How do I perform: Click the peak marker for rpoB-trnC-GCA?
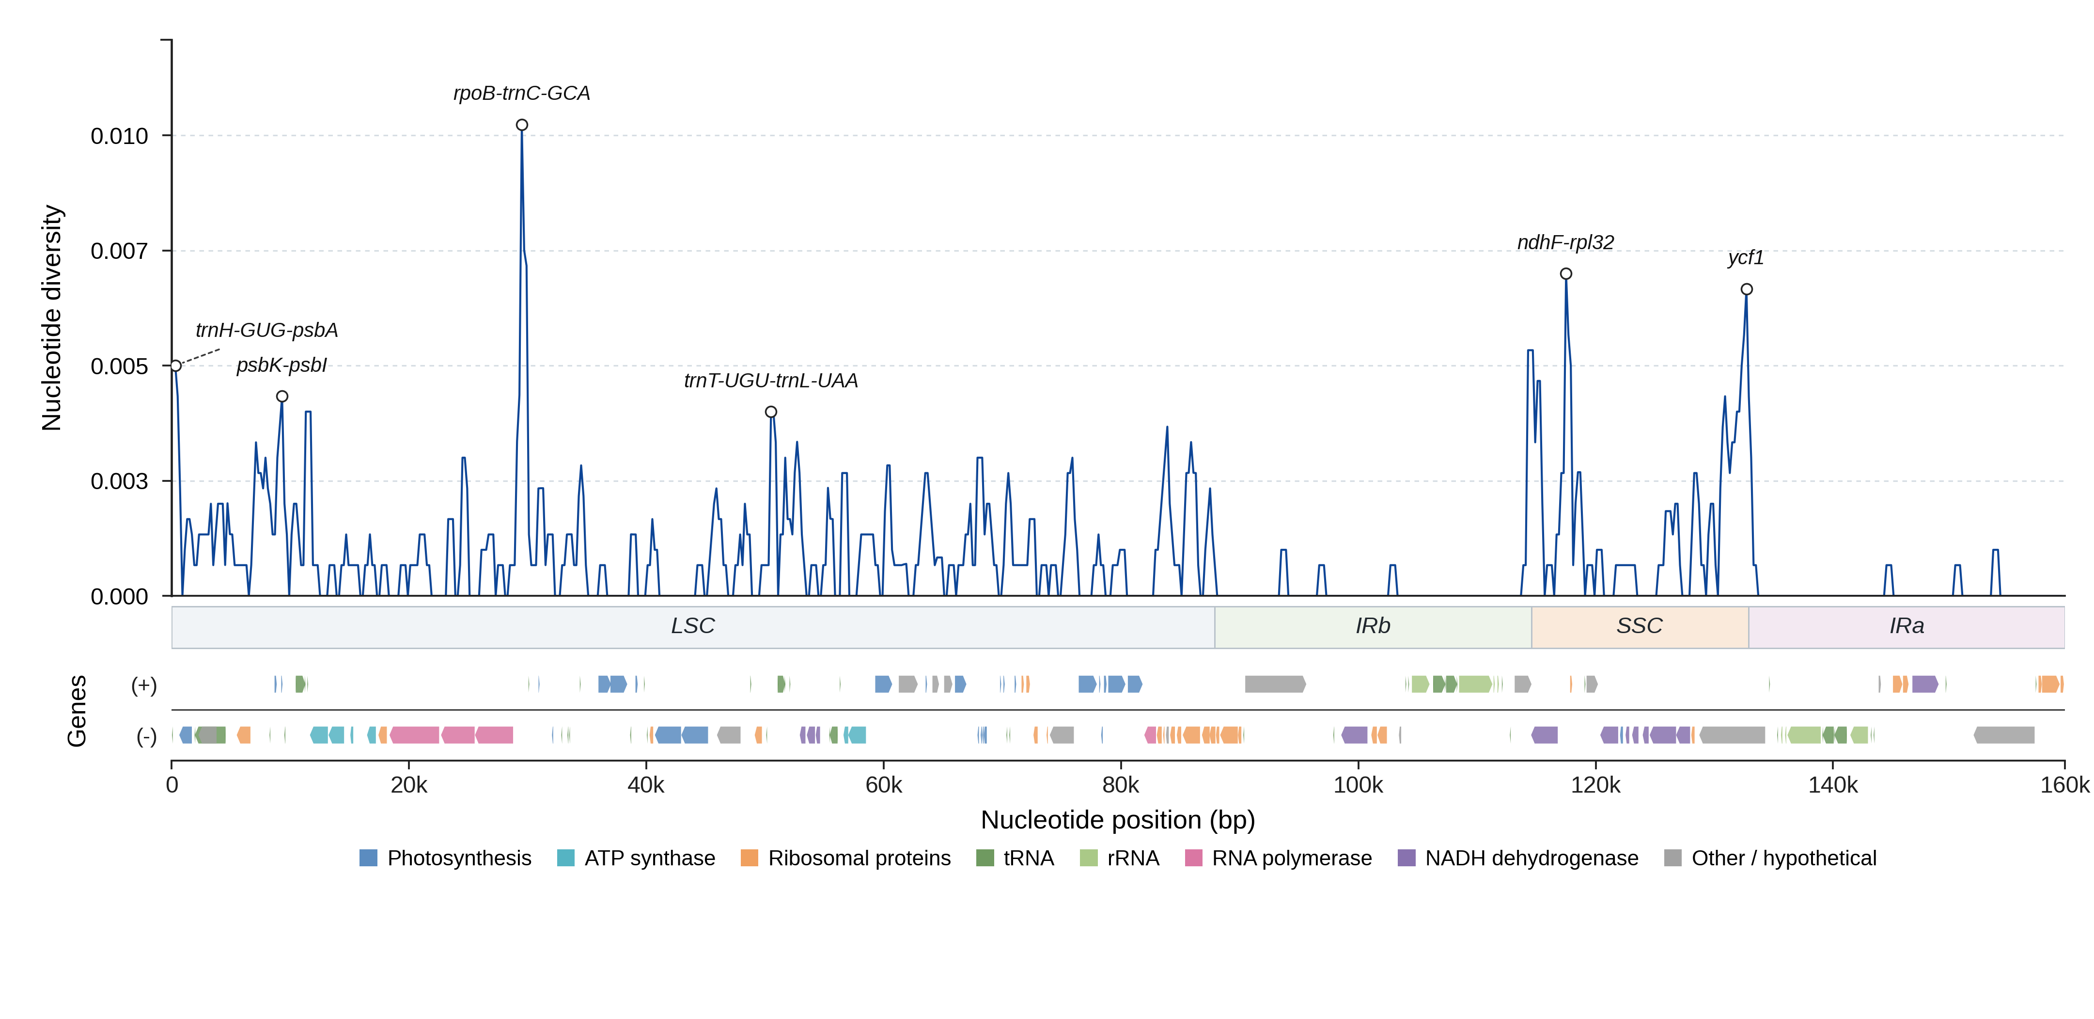522,125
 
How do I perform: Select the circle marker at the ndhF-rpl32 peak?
1565,273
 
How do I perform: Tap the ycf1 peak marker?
1746,289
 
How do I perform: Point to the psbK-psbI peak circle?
282,396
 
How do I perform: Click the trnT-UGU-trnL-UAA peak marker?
771,412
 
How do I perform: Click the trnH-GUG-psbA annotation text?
266,330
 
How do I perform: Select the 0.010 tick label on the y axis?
120,136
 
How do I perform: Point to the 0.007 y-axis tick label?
120,251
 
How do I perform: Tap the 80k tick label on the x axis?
1120,785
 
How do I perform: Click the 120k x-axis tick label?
1595,785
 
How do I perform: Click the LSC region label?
692,625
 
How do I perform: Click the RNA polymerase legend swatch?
1193,858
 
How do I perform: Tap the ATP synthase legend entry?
636,858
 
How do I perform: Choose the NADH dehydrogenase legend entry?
1517,858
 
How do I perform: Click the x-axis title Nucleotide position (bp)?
1118,820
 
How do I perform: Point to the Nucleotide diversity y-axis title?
52,318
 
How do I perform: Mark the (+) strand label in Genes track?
144,685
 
